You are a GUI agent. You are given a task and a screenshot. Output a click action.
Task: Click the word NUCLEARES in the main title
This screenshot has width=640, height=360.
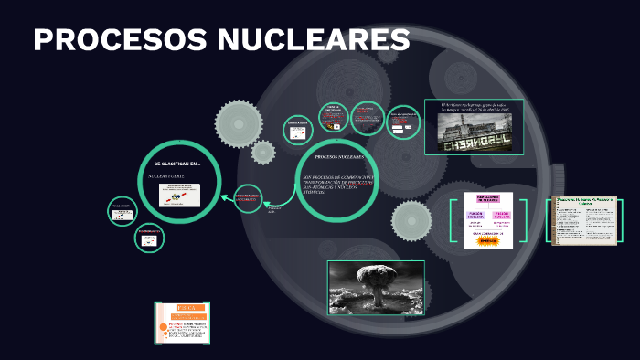pos(312,40)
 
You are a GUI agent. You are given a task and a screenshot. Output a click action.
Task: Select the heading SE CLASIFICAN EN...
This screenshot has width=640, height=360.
pos(176,164)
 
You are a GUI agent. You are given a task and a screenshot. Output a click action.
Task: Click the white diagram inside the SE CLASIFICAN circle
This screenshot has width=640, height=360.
pos(179,196)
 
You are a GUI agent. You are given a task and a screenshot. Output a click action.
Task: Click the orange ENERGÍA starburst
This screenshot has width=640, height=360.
pos(487,241)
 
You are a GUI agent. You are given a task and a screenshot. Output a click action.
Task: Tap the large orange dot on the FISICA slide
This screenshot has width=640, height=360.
pos(161,324)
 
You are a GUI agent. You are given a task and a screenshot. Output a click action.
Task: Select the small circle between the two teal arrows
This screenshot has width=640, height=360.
pos(248,199)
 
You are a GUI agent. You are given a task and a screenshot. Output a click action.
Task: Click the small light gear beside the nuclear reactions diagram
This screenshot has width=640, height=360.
pos(412,220)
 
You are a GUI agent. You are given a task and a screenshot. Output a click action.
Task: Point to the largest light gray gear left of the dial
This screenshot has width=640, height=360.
pos(239,122)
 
